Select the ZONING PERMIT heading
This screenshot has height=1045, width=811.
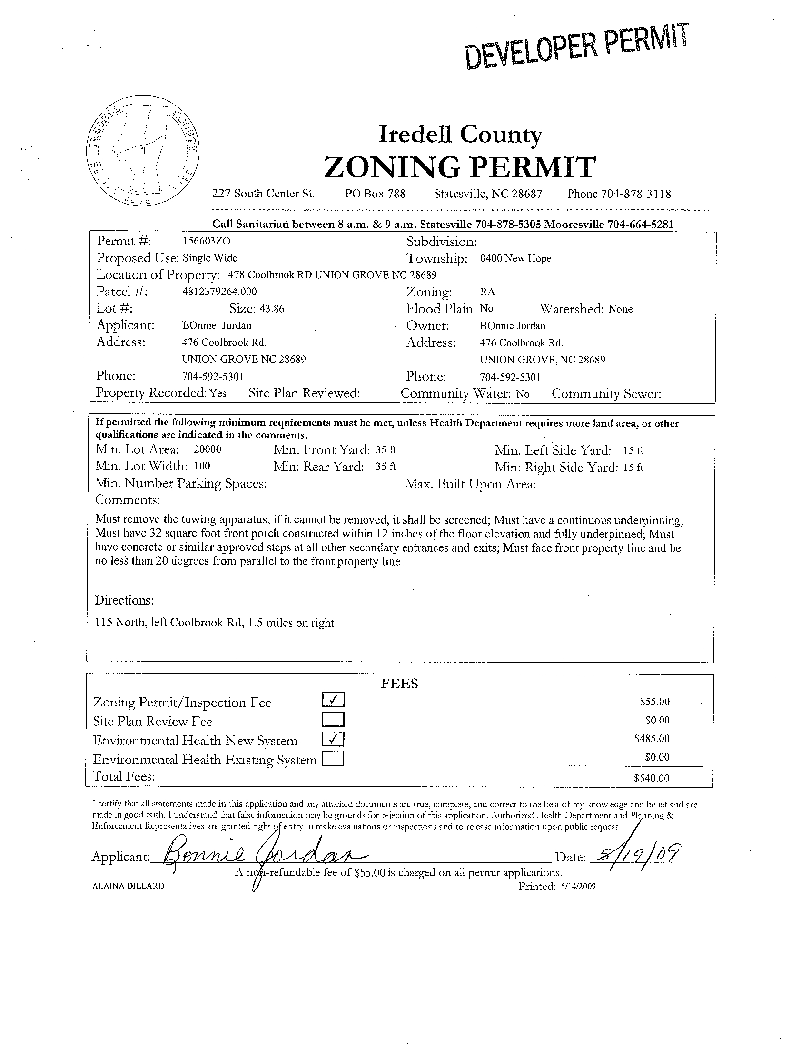click(460, 167)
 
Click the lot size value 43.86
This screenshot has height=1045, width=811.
click(271, 309)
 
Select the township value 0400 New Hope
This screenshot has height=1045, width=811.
click(515, 259)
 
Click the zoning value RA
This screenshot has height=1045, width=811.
click(487, 292)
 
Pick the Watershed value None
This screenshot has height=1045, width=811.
click(621, 309)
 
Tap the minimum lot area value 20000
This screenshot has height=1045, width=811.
click(208, 449)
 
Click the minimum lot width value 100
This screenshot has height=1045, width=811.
click(202, 466)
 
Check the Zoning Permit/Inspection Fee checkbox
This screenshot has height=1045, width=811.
click(334, 700)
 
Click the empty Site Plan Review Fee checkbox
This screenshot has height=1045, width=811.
click(334, 719)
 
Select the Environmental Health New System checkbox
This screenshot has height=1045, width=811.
click(334, 739)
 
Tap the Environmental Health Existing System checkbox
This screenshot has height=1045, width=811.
click(334, 759)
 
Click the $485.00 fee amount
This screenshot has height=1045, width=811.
click(652, 738)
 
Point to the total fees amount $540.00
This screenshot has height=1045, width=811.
click(652, 778)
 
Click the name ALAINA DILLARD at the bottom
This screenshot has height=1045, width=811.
click(128, 886)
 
